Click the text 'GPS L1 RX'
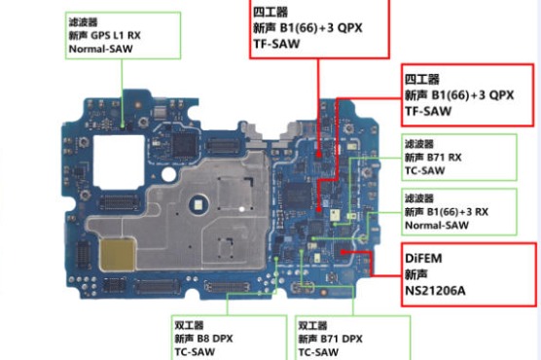(116, 35)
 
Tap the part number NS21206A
(435, 291)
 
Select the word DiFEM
(423, 258)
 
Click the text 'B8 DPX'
(215, 339)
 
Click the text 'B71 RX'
(444, 158)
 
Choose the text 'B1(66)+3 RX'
(457, 212)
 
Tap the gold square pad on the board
(118, 255)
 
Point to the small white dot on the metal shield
(242, 209)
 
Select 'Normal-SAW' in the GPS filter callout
(101, 49)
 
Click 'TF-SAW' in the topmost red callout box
(276, 44)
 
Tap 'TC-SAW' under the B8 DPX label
(195, 352)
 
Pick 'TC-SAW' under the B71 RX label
(425, 170)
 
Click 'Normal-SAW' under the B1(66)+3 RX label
(437, 226)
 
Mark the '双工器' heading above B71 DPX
(312, 326)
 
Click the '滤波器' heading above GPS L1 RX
(83, 22)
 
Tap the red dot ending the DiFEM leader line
(343, 252)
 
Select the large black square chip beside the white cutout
(185, 145)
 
